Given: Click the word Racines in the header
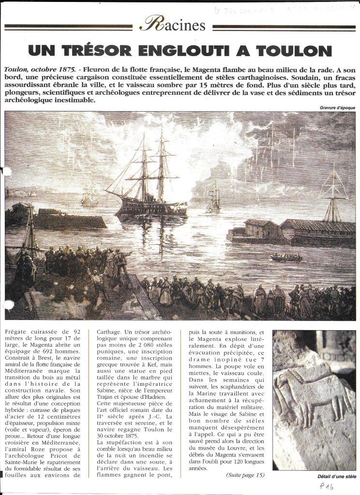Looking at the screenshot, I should [x=172, y=24].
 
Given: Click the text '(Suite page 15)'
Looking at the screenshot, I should [x=245, y=474].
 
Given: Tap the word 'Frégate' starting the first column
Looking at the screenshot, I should [x=16, y=333].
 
